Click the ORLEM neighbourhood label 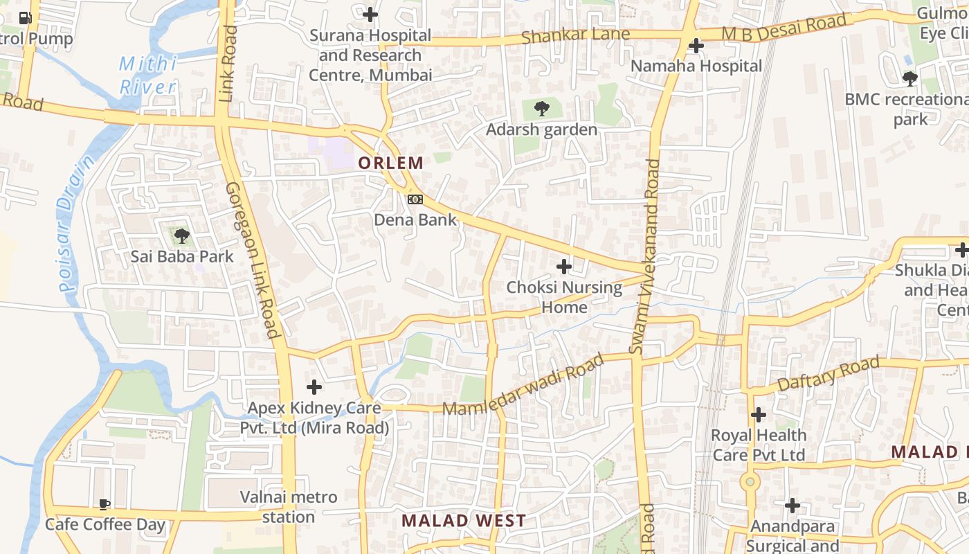click(x=390, y=163)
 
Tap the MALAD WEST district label click(x=464, y=521)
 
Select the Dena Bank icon click(x=415, y=199)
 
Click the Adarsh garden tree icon click(x=542, y=109)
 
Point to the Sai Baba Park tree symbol click(x=182, y=236)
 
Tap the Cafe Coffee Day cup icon click(x=104, y=504)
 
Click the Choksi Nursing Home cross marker click(x=564, y=266)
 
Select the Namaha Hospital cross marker click(x=696, y=46)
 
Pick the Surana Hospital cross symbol click(x=370, y=14)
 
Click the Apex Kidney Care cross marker click(x=314, y=386)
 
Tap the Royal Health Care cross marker click(x=759, y=415)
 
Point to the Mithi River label click(x=147, y=75)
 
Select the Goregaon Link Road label click(x=253, y=260)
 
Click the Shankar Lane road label click(x=576, y=35)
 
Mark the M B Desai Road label click(x=784, y=28)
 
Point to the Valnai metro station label click(x=289, y=507)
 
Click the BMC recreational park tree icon click(x=910, y=79)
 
